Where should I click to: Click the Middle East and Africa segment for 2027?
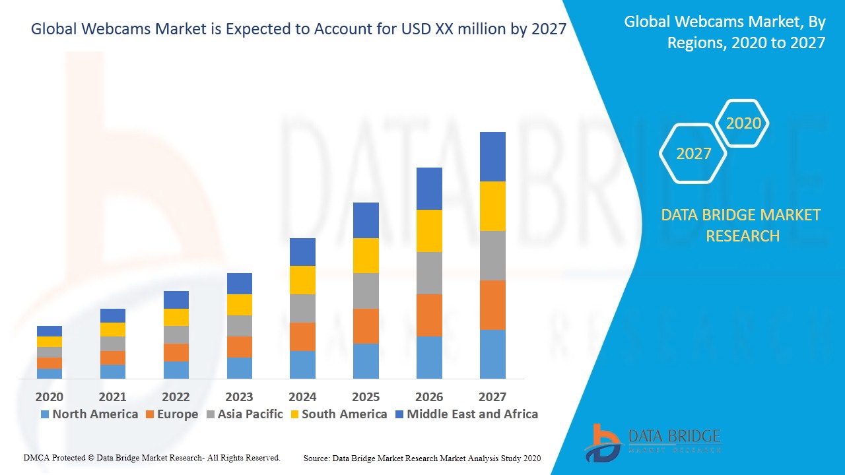coord(492,156)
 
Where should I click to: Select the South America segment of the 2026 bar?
coord(429,231)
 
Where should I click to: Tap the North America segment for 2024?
coord(302,364)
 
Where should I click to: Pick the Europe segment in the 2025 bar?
coord(366,326)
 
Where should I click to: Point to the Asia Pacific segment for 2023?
coord(239,326)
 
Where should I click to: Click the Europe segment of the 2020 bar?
coord(50,363)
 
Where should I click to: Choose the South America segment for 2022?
coord(176,317)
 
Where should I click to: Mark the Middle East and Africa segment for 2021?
coord(113,315)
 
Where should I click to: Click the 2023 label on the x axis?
coord(239,396)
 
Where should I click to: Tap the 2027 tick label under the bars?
coord(492,396)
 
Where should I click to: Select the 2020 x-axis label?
coord(50,396)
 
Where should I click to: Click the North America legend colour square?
coord(45,414)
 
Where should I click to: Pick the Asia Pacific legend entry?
coord(244,414)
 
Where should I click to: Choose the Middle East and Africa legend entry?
coord(465,414)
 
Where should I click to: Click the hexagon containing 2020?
coord(743,123)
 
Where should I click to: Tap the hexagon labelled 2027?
coord(693,154)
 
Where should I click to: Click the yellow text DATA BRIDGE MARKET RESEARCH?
coord(742,225)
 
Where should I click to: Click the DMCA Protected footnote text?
coord(152,457)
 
